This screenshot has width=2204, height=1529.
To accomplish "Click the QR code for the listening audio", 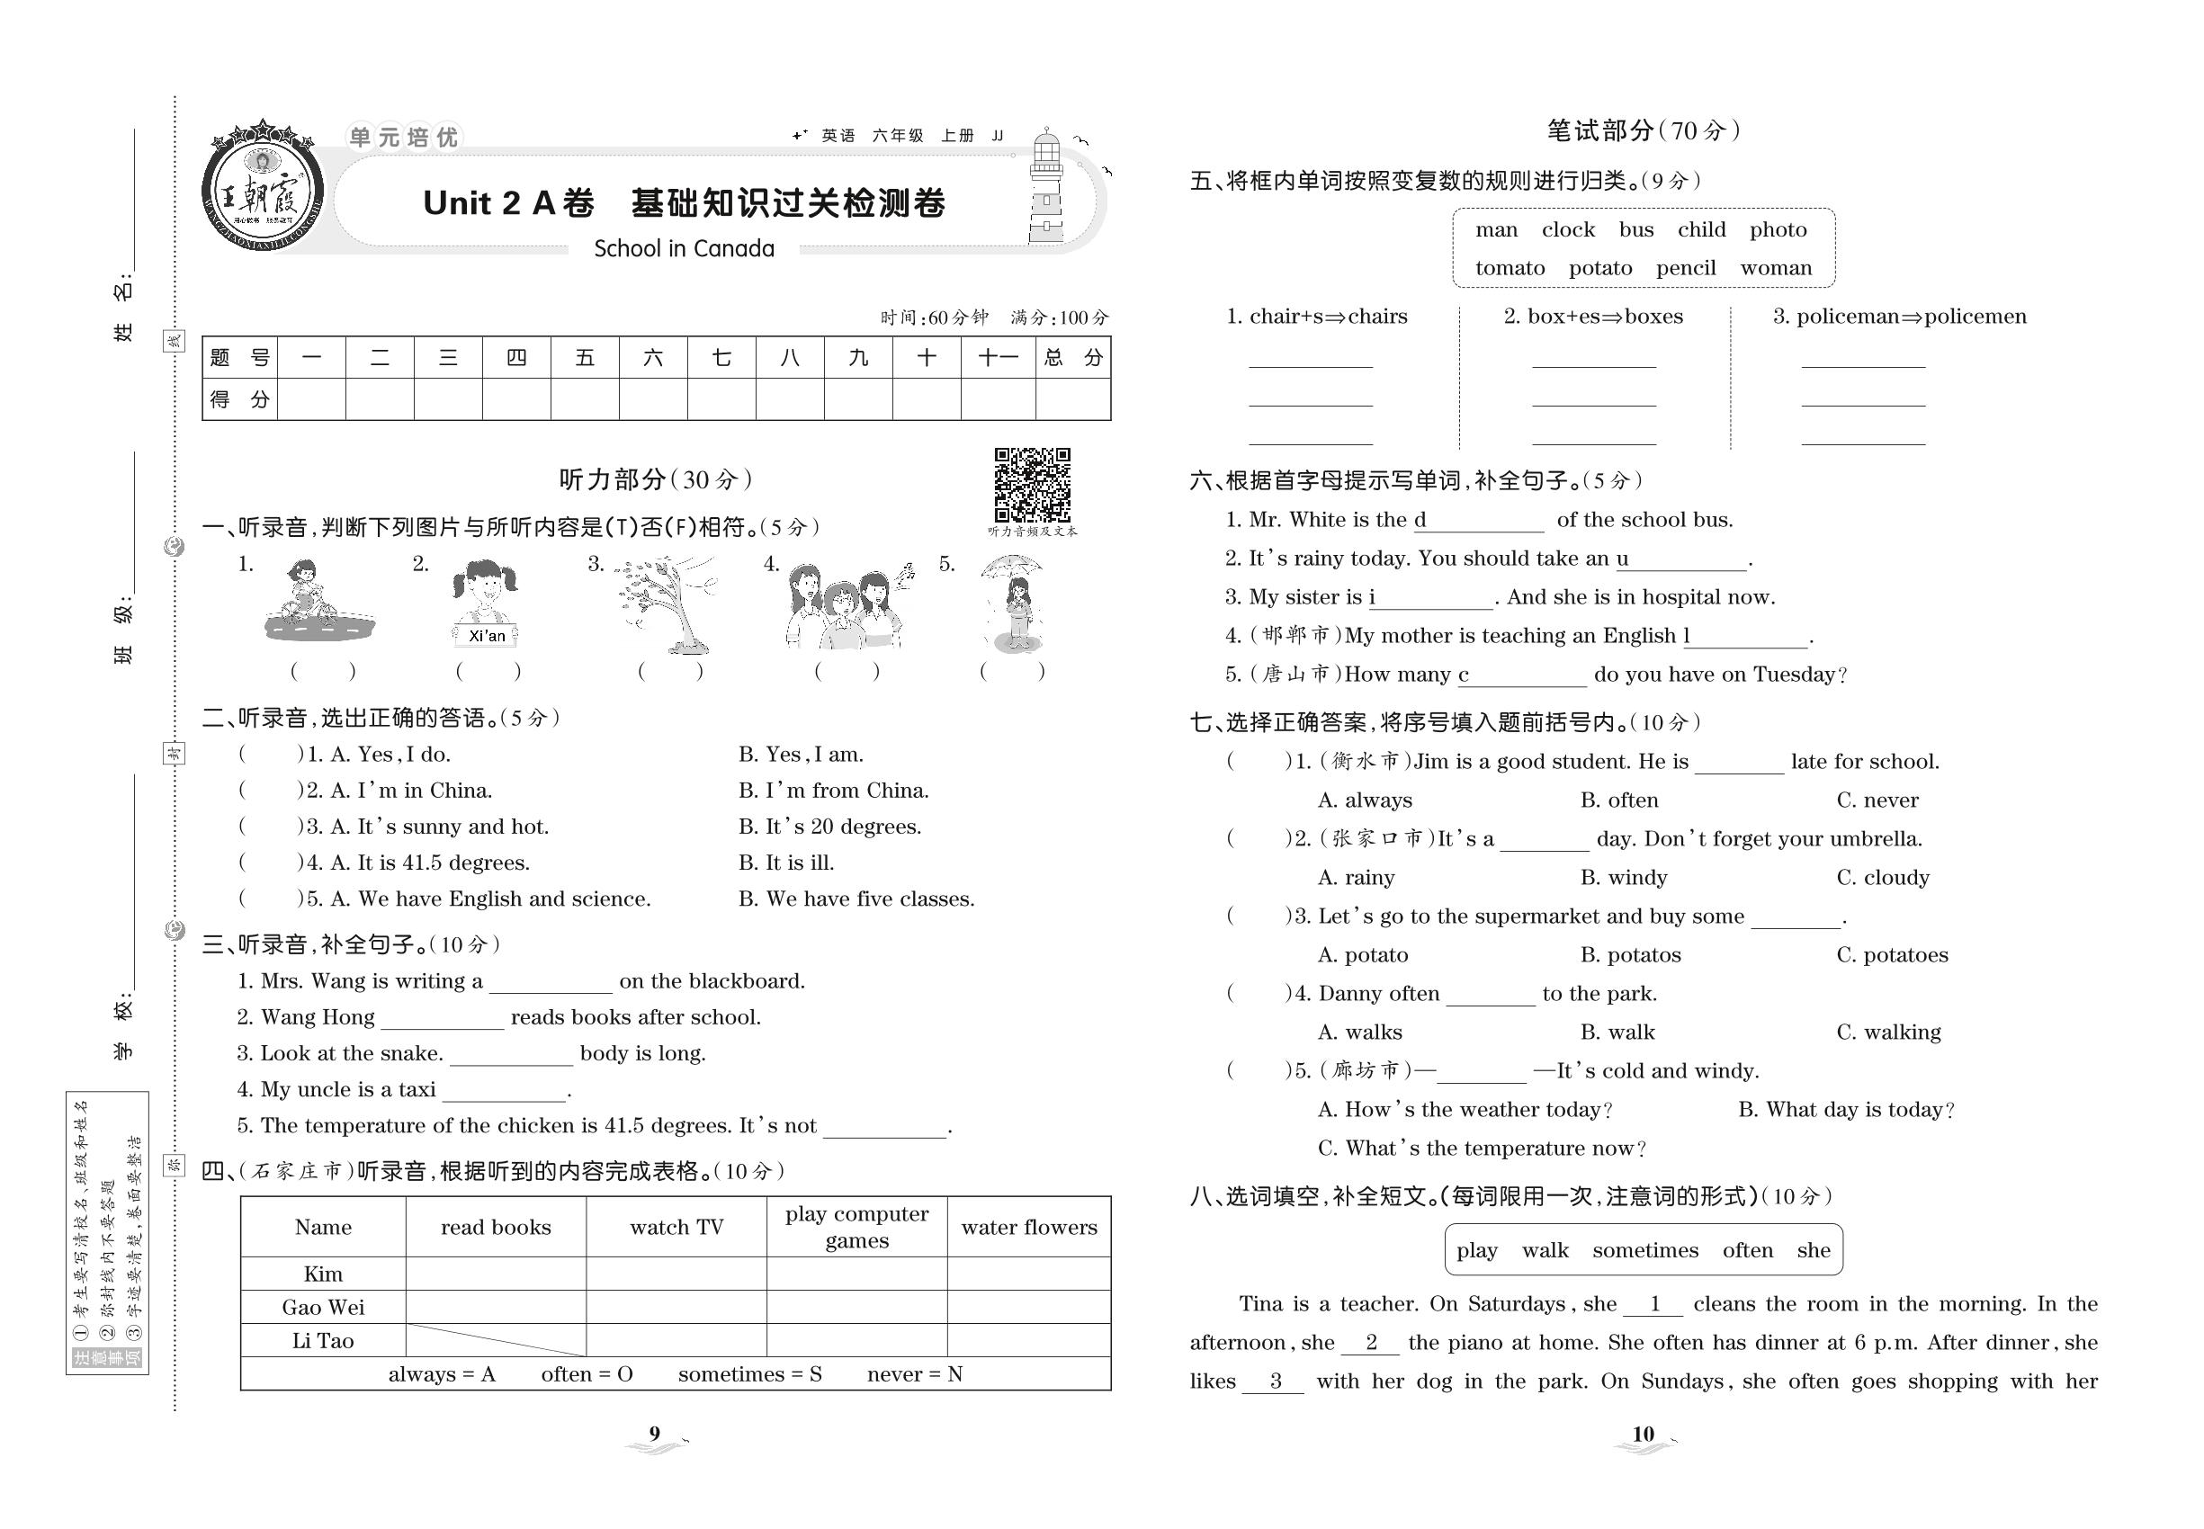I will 1032,485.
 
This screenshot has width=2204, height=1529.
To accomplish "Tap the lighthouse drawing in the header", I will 1046,189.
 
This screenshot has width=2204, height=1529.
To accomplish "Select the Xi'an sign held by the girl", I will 487,635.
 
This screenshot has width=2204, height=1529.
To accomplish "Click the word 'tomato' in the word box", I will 1510,268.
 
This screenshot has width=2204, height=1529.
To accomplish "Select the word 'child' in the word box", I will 1701,230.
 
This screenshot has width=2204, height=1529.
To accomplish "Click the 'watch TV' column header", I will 676,1227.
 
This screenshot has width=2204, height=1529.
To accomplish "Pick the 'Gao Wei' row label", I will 323,1308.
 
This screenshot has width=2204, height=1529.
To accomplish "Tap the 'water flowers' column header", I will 1029,1227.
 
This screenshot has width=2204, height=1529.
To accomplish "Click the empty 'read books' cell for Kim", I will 496,1274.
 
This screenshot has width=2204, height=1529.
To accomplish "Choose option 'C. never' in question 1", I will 1877,800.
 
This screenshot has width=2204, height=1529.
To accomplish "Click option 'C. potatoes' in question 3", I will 1892,955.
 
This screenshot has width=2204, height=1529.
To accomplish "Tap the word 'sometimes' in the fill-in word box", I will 1644,1250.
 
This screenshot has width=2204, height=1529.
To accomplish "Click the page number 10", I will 1643,1435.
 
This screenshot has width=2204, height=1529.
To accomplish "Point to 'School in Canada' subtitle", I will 684,249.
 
